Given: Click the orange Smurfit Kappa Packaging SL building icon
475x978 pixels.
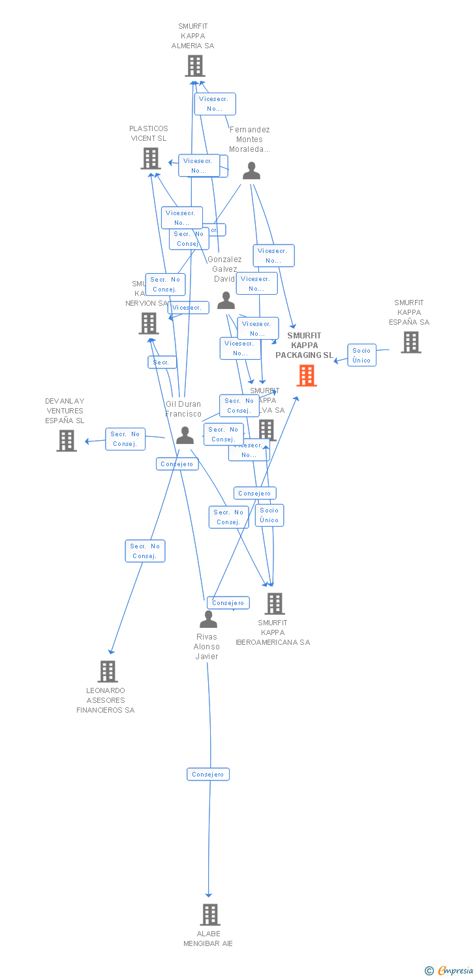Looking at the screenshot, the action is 307,376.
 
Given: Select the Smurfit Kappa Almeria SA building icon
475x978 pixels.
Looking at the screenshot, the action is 195,66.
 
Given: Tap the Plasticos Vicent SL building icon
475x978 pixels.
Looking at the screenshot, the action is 151,158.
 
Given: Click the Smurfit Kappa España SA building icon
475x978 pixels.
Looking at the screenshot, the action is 410,342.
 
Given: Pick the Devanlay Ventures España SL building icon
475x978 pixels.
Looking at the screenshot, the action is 67,441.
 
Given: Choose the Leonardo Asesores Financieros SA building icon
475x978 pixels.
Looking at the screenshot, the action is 108,672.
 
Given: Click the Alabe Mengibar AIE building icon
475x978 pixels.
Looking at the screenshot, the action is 209,915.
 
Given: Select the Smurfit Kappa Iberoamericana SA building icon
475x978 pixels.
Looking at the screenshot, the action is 274,604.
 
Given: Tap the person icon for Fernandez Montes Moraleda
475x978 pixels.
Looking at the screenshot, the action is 251,171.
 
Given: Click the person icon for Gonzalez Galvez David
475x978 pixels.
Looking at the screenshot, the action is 226,301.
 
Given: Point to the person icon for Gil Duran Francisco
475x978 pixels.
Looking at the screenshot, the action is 185,435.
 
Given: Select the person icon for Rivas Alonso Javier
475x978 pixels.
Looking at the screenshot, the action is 208,619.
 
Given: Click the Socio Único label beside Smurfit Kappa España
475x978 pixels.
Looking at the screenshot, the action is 361,355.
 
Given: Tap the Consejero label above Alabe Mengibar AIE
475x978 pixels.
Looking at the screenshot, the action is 209,775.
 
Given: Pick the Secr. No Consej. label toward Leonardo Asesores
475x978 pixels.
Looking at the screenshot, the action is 145,551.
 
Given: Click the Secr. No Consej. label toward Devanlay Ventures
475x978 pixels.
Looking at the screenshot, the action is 125,439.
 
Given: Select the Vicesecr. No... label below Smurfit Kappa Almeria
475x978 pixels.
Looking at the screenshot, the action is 215,104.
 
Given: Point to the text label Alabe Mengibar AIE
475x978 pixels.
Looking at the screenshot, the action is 208,938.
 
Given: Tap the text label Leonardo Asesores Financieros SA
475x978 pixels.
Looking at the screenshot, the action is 105,700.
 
